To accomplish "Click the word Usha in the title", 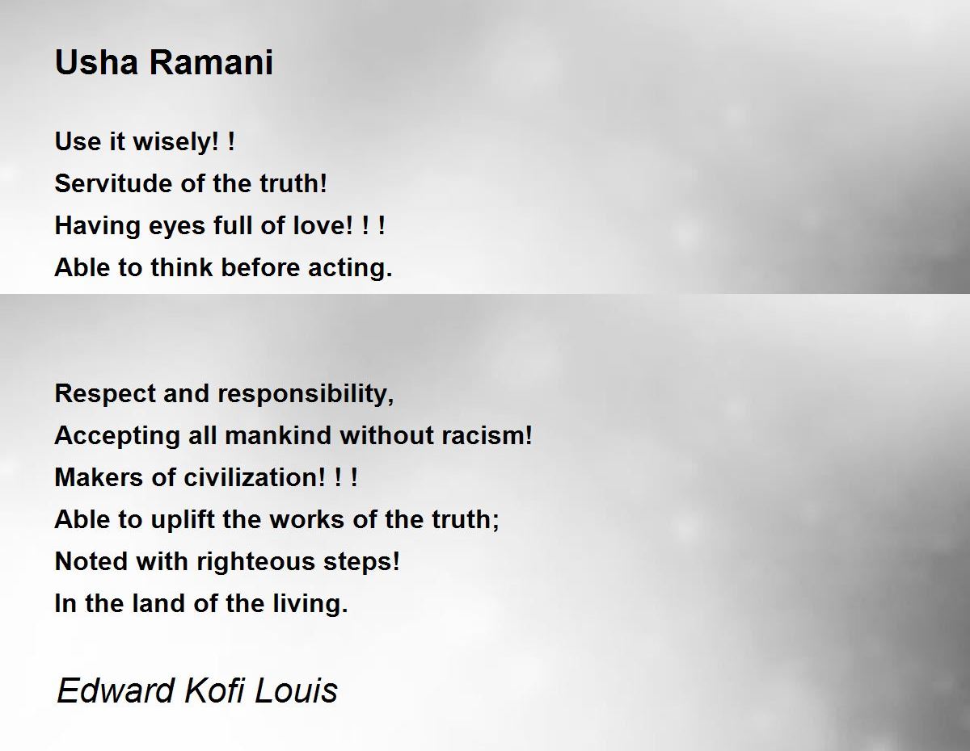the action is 96,62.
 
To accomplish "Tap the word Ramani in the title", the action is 211,62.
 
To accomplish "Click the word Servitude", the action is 113,183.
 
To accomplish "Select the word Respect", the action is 105,395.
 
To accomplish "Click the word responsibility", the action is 306,395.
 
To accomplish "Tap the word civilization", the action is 255,477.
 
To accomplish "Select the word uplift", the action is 183,520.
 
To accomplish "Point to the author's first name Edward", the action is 115,690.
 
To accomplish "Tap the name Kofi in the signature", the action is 214,690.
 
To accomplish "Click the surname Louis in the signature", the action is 296,690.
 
